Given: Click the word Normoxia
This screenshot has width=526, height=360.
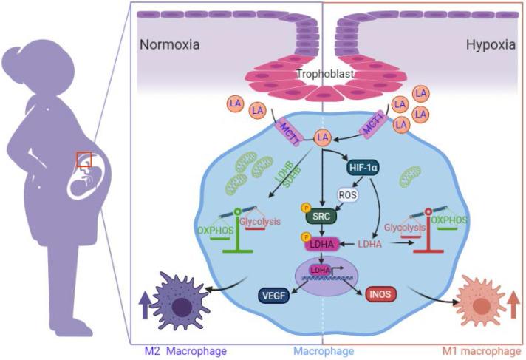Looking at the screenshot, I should pos(169,45).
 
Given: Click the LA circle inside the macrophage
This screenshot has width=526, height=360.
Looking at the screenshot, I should pos(321,137).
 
